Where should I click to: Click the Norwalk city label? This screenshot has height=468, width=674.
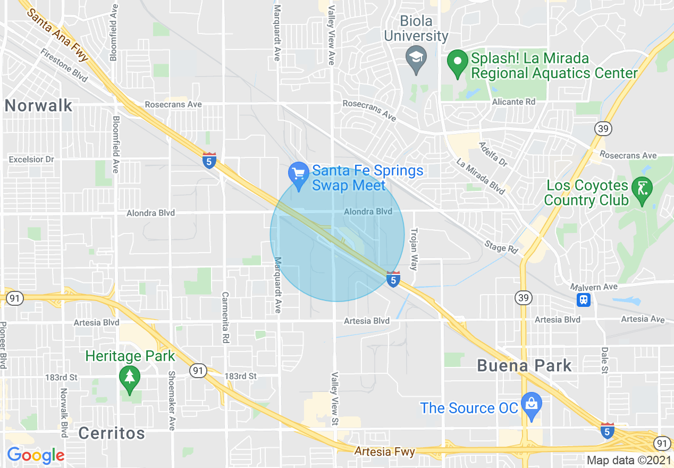[38, 105]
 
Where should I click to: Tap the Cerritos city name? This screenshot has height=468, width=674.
[112, 433]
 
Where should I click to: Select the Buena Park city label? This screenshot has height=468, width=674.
[524, 365]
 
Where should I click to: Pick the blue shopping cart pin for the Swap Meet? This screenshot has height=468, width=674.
[299, 175]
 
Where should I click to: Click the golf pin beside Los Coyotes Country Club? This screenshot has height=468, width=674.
[642, 189]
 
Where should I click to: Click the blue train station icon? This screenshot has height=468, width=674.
[584, 300]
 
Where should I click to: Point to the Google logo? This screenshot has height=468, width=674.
[36, 455]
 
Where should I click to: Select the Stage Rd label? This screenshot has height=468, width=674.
[501, 246]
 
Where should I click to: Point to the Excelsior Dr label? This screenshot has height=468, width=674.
[31, 159]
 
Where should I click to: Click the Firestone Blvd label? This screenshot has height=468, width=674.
[64, 65]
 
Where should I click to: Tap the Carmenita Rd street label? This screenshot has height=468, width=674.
[225, 317]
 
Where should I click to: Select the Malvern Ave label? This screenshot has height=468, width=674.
[594, 287]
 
